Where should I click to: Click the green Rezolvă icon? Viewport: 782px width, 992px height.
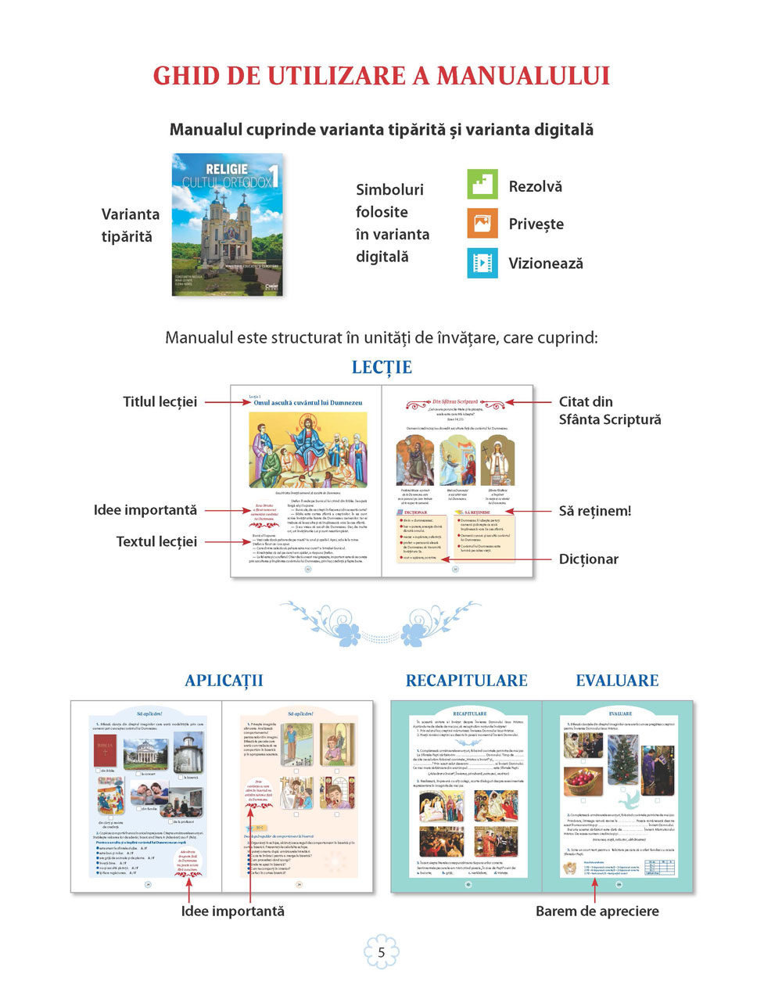click(482, 185)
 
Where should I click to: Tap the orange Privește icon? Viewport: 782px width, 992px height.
click(482, 223)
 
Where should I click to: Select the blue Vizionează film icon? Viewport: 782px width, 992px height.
click(482, 263)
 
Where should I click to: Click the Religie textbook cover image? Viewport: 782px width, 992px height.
click(228, 225)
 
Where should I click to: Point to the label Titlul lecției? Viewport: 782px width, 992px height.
click(160, 401)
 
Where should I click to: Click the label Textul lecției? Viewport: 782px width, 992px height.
click(156, 541)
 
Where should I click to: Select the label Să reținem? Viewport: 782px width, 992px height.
click(594, 511)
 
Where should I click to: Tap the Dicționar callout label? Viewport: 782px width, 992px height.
click(588, 559)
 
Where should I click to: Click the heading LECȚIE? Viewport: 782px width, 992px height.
click(382, 367)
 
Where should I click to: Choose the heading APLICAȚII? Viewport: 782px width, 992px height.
click(224, 681)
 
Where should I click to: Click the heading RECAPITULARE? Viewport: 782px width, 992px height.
click(466, 681)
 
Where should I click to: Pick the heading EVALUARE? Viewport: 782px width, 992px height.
click(617, 681)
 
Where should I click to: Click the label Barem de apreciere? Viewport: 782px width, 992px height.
click(597, 911)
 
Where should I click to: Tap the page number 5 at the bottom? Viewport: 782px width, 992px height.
click(382, 952)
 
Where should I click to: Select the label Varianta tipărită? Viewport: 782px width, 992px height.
click(130, 225)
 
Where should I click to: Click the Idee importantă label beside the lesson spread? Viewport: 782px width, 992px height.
click(145, 510)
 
